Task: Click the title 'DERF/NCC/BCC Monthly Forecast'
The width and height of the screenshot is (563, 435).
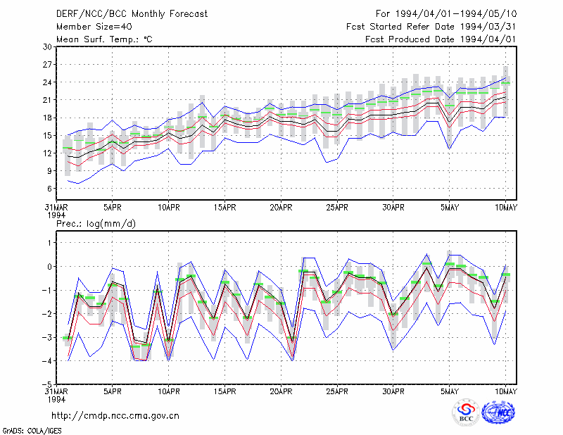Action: pos(132,14)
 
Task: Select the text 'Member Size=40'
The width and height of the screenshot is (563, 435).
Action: pos(94,27)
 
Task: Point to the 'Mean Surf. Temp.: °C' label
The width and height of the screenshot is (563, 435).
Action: pos(104,39)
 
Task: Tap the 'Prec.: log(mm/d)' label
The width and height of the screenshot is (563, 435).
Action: pos(96,224)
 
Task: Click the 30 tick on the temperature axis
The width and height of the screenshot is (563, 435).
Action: pos(47,47)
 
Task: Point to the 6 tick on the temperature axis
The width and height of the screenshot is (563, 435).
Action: pos(49,189)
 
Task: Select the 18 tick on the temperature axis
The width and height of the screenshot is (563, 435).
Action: pos(47,118)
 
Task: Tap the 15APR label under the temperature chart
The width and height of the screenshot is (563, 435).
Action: pos(224,208)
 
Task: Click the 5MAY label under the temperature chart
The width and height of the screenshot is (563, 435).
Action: pos(450,208)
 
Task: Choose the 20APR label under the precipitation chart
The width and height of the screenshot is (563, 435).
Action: pos(281,391)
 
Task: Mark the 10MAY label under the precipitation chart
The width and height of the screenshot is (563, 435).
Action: pos(505,391)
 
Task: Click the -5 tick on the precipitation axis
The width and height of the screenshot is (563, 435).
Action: pos(46,384)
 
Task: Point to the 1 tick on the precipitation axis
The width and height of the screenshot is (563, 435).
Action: pos(49,243)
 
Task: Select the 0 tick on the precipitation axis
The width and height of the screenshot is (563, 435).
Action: pos(49,267)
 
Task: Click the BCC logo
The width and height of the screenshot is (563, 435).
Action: pos(466,412)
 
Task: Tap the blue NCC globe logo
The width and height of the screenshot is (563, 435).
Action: pos(498,412)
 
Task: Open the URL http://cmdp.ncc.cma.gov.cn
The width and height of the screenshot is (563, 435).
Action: pos(115,416)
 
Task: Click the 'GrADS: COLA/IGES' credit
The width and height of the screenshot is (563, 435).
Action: pos(32,431)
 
